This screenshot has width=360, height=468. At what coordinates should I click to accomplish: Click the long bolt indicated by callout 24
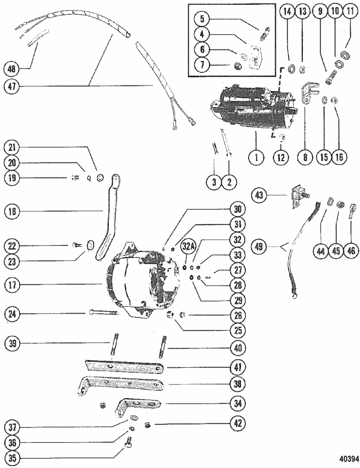[x=104, y=314]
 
